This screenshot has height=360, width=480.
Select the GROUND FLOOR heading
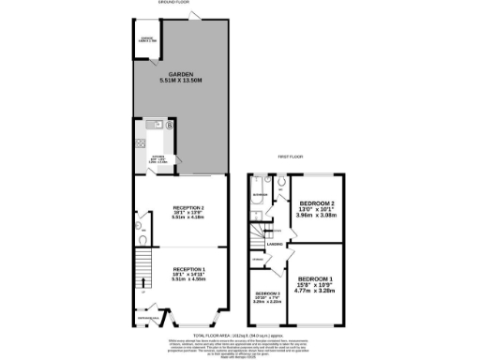click(x=173, y=3)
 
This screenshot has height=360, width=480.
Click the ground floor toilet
click(x=138, y=225)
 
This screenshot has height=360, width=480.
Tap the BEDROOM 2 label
click(x=317, y=202)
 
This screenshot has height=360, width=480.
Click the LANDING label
click(x=275, y=245)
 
